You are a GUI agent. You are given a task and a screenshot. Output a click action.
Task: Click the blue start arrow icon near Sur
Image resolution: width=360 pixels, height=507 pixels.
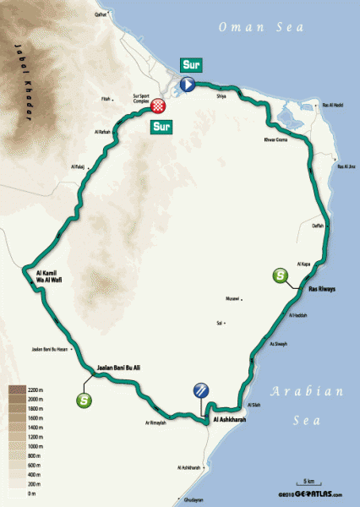pyautogui.click(x=187, y=83)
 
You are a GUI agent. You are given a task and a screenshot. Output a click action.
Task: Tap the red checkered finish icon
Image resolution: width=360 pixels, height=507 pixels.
pyautogui.click(x=159, y=106)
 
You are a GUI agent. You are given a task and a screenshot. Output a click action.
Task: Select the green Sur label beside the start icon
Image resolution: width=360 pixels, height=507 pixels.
pyautogui.click(x=190, y=65)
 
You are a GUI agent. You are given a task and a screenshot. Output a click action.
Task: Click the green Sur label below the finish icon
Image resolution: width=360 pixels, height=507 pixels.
pyautogui.click(x=161, y=127)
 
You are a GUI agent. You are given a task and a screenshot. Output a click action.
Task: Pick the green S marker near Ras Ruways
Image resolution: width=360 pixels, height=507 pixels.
pyautogui.click(x=279, y=275)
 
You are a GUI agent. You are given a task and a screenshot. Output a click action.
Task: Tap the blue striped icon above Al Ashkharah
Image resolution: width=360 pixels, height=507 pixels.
pyautogui.click(x=201, y=390)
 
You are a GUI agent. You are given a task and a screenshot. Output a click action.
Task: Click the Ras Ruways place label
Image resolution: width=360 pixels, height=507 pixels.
pyautogui.click(x=321, y=289)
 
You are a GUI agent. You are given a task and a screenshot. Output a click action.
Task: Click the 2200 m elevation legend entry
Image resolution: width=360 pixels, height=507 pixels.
pyautogui.click(x=25, y=390)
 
